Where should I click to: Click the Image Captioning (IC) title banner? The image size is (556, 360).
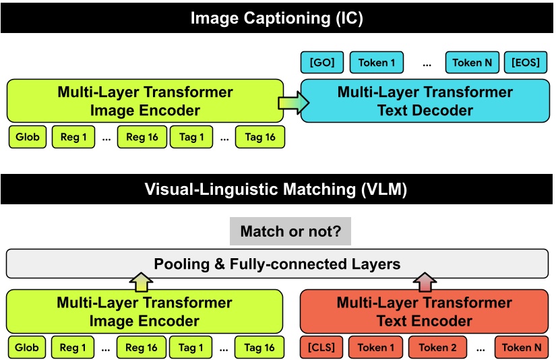pos(277,18)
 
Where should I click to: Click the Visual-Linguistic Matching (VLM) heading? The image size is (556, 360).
pos(277,189)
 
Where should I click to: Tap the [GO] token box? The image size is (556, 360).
pos(322,63)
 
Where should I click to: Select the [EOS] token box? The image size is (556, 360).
pos(526,63)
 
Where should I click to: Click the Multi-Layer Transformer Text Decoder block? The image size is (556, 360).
pos(425,100)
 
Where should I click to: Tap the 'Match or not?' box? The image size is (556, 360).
pos(290,231)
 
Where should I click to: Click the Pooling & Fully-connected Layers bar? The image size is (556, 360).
pos(277,264)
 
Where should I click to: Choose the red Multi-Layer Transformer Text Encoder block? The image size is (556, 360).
pos(424,311)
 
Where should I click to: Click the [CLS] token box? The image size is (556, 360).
pos(321,348)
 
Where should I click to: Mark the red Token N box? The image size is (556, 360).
pos(522,348)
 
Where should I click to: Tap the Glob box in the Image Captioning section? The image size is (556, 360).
pos(27,138)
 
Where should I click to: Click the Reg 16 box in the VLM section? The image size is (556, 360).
pos(142,348)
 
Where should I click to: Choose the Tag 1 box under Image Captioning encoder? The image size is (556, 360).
pos(192,138)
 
